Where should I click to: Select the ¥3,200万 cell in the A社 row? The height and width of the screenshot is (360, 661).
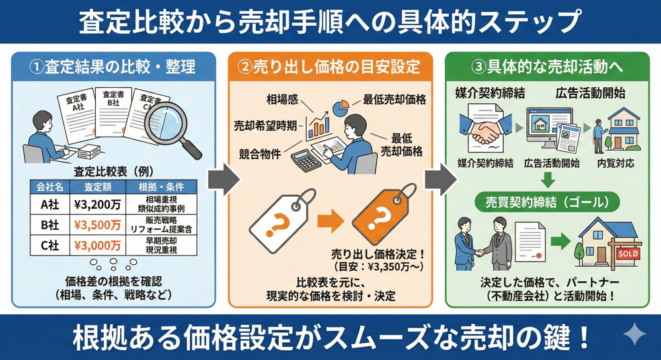(97, 202)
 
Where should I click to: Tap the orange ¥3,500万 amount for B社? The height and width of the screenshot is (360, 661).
(97, 225)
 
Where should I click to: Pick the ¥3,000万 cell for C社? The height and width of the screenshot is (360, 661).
(97, 246)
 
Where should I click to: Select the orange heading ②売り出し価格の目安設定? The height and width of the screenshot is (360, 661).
(329, 67)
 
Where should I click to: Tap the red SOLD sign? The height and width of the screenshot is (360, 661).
(627, 254)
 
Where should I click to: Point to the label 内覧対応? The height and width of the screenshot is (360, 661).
(615, 163)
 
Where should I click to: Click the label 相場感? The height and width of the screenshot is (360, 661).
(282, 100)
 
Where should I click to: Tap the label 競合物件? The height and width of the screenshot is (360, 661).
(260, 154)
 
